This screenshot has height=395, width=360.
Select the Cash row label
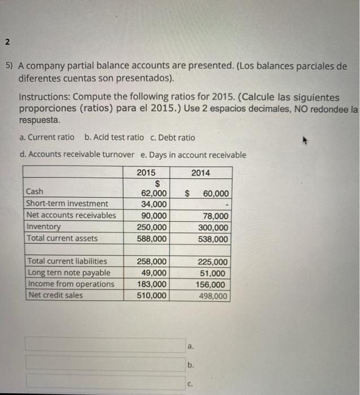click(x=34, y=192)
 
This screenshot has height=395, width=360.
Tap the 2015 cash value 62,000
click(x=153, y=194)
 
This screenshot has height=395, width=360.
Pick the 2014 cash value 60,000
click(x=215, y=194)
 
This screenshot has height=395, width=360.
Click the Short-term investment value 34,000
click(x=153, y=204)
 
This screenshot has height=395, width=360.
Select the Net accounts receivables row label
click(x=71, y=215)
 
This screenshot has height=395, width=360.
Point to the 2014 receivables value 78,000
click(x=215, y=216)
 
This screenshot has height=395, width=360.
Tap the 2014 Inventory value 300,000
click(x=213, y=227)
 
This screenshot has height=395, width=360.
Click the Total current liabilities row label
click(x=67, y=261)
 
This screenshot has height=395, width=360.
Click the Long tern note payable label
click(x=69, y=273)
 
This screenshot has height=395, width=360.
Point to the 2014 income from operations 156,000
click(x=213, y=285)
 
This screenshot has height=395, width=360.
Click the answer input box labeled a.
click(x=104, y=344)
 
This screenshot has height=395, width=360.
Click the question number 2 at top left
click(x=6, y=42)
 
